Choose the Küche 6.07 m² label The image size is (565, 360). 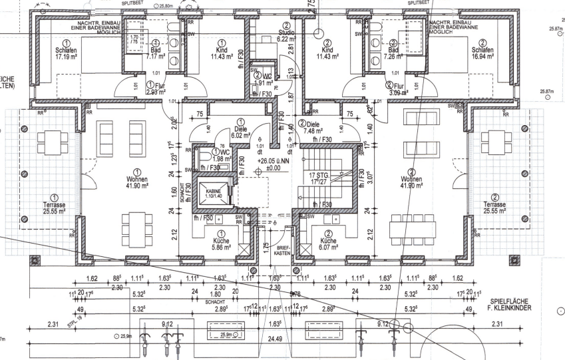pyautogui.click(x=327, y=242)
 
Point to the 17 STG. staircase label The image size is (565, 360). pyautogui.click(x=317, y=176)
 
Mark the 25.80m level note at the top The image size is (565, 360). pyautogui.click(x=163, y=6)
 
